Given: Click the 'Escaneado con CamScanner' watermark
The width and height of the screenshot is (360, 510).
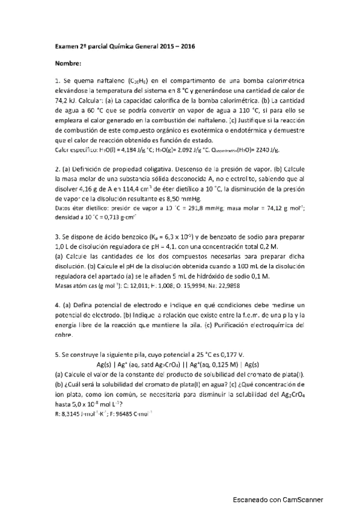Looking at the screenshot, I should point(278,500).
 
